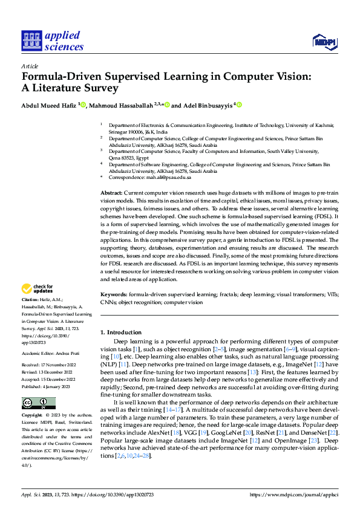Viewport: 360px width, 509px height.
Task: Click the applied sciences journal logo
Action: [52, 40]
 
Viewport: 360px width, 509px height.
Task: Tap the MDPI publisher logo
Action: [324, 41]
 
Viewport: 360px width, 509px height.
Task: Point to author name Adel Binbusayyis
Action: [208, 105]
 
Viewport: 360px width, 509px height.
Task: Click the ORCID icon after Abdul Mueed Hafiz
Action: [82, 105]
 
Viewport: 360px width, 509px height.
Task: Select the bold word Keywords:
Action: [114, 294]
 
